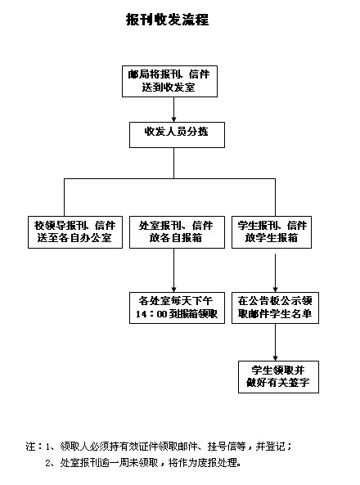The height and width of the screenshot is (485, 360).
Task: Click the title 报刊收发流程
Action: pyautogui.click(x=168, y=20)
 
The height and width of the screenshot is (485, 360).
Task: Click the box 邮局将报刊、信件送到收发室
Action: pyautogui.click(x=169, y=81)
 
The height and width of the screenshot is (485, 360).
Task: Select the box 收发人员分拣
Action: pyautogui.click(x=177, y=135)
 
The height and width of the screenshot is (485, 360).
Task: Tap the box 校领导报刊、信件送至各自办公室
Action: pyautogui.click(x=75, y=232)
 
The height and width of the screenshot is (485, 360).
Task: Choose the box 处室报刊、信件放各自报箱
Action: pyautogui.click(x=177, y=232)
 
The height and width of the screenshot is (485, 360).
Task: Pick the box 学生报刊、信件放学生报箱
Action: pyautogui.click(x=272, y=232)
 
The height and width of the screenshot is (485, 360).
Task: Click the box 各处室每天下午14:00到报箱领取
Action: pyautogui.click(x=177, y=308)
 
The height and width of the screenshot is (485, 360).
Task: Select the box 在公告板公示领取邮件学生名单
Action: pyautogui.click(x=275, y=308)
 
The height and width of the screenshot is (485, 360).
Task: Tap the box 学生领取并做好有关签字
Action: pyautogui.click(x=278, y=377)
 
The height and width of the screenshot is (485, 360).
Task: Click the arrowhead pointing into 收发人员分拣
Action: pyautogui.click(x=173, y=119)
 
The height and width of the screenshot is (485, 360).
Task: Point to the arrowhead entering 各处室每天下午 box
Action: pyautogui.click(x=173, y=290)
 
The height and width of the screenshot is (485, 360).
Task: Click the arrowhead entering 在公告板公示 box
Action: pyautogui.click(x=275, y=290)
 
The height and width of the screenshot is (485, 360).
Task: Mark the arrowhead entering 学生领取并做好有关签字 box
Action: pyautogui.click(x=275, y=358)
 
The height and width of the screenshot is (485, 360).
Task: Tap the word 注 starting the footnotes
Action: pyautogui.click(x=30, y=447)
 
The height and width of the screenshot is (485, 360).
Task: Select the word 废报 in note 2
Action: pyautogui.click(x=207, y=463)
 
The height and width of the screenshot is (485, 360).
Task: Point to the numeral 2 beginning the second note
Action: pyautogui.click(x=47, y=463)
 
